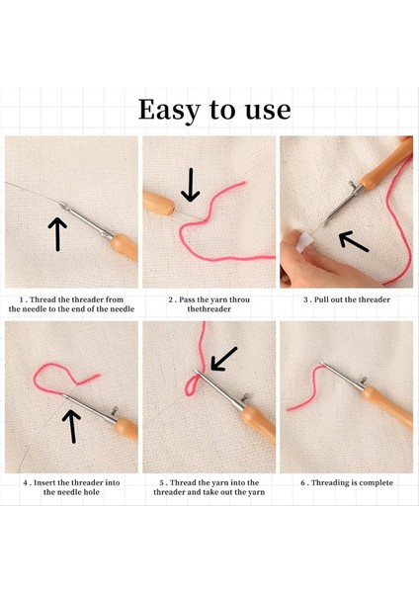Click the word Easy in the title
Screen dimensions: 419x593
click(x=170, y=111)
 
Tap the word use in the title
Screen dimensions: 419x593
click(x=268, y=111)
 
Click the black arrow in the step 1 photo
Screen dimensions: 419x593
click(x=57, y=233)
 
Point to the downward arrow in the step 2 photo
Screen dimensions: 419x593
click(x=190, y=185)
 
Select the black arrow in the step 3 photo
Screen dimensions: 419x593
click(x=354, y=242)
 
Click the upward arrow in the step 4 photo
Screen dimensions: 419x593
click(x=71, y=426)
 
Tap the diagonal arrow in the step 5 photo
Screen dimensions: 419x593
click(x=223, y=359)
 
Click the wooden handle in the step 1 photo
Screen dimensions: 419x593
click(x=125, y=246)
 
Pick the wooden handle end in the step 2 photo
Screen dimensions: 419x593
click(x=158, y=203)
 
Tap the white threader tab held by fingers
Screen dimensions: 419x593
click(x=305, y=242)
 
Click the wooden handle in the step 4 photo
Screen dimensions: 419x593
click(x=126, y=428)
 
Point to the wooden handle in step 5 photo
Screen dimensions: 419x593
click(x=258, y=424)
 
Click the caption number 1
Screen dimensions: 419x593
click(x=22, y=299)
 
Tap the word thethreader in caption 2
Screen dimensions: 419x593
click(x=209, y=309)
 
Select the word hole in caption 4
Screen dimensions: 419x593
click(x=92, y=492)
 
